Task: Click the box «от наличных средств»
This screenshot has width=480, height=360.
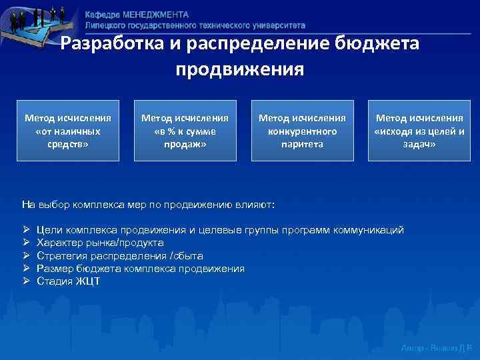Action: coord(68,131)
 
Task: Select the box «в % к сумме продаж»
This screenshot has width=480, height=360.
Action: coord(185,131)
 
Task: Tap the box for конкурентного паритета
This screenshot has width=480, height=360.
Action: coord(302,131)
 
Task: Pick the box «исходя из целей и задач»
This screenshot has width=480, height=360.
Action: coord(419,131)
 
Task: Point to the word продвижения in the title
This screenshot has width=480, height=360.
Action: coord(240,69)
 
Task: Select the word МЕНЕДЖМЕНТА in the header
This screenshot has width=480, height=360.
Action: coord(156,15)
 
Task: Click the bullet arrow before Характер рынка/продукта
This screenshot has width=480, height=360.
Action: coord(26,243)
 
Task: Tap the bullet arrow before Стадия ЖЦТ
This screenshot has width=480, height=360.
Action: coord(26,281)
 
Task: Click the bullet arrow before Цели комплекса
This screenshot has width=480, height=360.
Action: coord(26,230)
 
